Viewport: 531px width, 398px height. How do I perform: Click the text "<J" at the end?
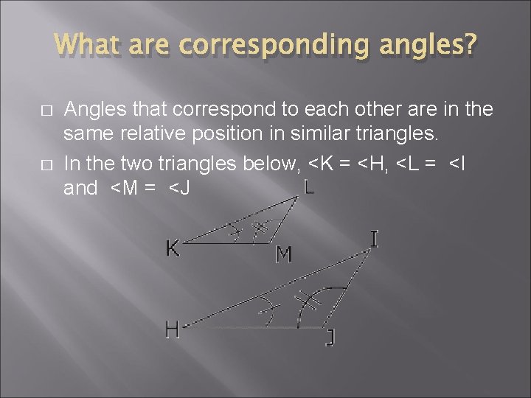click(x=180, y=188)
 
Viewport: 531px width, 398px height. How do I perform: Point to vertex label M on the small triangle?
click(x=284, y=254)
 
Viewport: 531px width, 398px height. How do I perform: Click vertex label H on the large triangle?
click(x=173, y=329)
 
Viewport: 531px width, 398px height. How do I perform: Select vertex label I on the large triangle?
click(x=375, y=240)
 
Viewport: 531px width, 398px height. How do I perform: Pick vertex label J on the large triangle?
click(x=331, y=338)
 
